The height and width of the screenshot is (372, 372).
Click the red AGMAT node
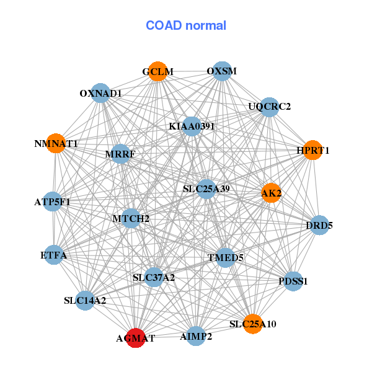(x=135, y=338)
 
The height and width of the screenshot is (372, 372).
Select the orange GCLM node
(x=158, y=71)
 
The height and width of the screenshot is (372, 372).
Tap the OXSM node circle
(x=222, y=71)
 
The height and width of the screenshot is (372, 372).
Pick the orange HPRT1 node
(x=313, y=150)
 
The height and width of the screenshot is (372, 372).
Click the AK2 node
(x=271, y=193)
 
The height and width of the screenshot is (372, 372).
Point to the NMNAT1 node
(x=56, y=143)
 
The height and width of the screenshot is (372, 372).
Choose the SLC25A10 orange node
(x=253, y=324)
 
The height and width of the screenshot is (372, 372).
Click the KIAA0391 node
(x=192, y=126)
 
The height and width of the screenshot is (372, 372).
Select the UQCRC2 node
(x=269, y=107)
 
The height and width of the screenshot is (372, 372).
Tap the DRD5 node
(x=319, y=225)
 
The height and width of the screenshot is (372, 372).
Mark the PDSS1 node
(x=293, y=281)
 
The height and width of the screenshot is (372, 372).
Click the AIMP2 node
(x=196, y=336)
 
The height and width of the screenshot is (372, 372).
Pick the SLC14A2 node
(x=85, y=301)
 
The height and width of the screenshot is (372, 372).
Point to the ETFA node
(x=54, y=255)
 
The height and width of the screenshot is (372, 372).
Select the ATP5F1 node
(x=53, y=201)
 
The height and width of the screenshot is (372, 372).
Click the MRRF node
(x=120, y=154)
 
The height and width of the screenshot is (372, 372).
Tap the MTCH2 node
(x=131, y=218)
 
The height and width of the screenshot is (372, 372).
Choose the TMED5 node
(x=225, y=258)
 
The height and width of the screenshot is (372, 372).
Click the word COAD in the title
(x=164, y=25)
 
